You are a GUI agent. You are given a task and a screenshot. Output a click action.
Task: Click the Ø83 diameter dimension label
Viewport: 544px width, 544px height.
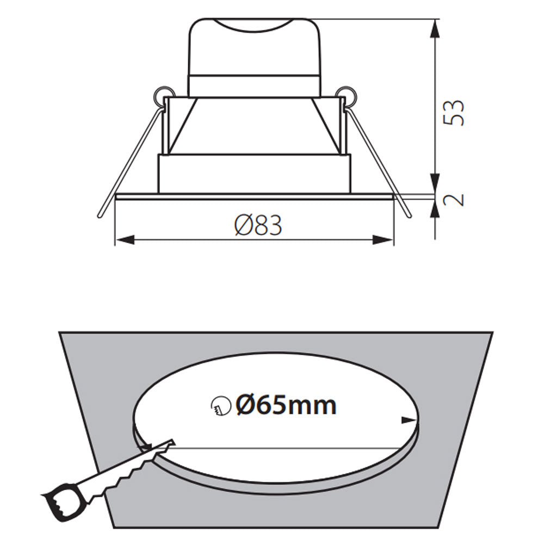[x=258, y=225]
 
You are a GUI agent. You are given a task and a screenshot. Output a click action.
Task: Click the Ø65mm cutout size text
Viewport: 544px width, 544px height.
[x=286, y=405]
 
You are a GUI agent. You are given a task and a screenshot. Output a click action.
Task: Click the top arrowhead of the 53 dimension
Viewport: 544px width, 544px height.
[x=435, y=30]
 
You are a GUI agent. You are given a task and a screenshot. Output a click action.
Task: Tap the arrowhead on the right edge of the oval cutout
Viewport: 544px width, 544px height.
[x=409, y=419]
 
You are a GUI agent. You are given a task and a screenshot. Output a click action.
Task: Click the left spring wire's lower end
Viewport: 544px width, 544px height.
[x=101, y=214]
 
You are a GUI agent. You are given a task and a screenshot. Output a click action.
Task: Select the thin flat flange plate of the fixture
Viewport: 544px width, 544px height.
[x=254, y=196]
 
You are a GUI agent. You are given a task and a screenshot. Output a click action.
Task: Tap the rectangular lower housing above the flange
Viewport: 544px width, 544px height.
[x=254, y=174]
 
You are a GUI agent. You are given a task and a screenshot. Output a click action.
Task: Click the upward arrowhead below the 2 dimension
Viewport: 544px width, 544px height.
[x=435, y=208]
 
